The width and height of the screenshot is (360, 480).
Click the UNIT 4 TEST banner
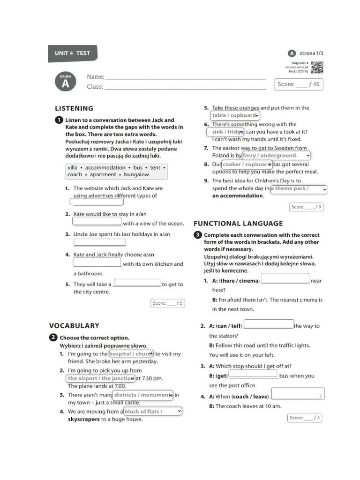pos(72,53)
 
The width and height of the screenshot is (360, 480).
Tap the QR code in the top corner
pos(317,67)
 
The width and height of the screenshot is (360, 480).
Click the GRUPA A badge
pos(65,82)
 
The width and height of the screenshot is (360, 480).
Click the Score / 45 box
pos(299,84)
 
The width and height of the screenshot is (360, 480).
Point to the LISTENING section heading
pos(74,108)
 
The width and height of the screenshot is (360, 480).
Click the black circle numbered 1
pos(59,120)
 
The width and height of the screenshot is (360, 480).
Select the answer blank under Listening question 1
pos(97,202)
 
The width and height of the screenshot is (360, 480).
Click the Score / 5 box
pos(167,303)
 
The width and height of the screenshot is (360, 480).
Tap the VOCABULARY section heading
pos(74,325)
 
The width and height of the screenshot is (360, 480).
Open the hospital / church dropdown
pos(131,354)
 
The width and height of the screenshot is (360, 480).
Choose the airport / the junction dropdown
pos(101,378)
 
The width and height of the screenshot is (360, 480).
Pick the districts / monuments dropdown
pos(143,395)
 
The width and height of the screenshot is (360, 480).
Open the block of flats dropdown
pos(152,412)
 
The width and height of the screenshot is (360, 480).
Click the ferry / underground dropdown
pos(276,155)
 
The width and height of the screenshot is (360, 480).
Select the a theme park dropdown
pos(298,189)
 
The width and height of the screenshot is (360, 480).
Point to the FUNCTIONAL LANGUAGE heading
pos(238,224)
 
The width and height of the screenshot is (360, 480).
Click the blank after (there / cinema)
pos(285,279)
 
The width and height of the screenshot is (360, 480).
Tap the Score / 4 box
pos(304,418)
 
